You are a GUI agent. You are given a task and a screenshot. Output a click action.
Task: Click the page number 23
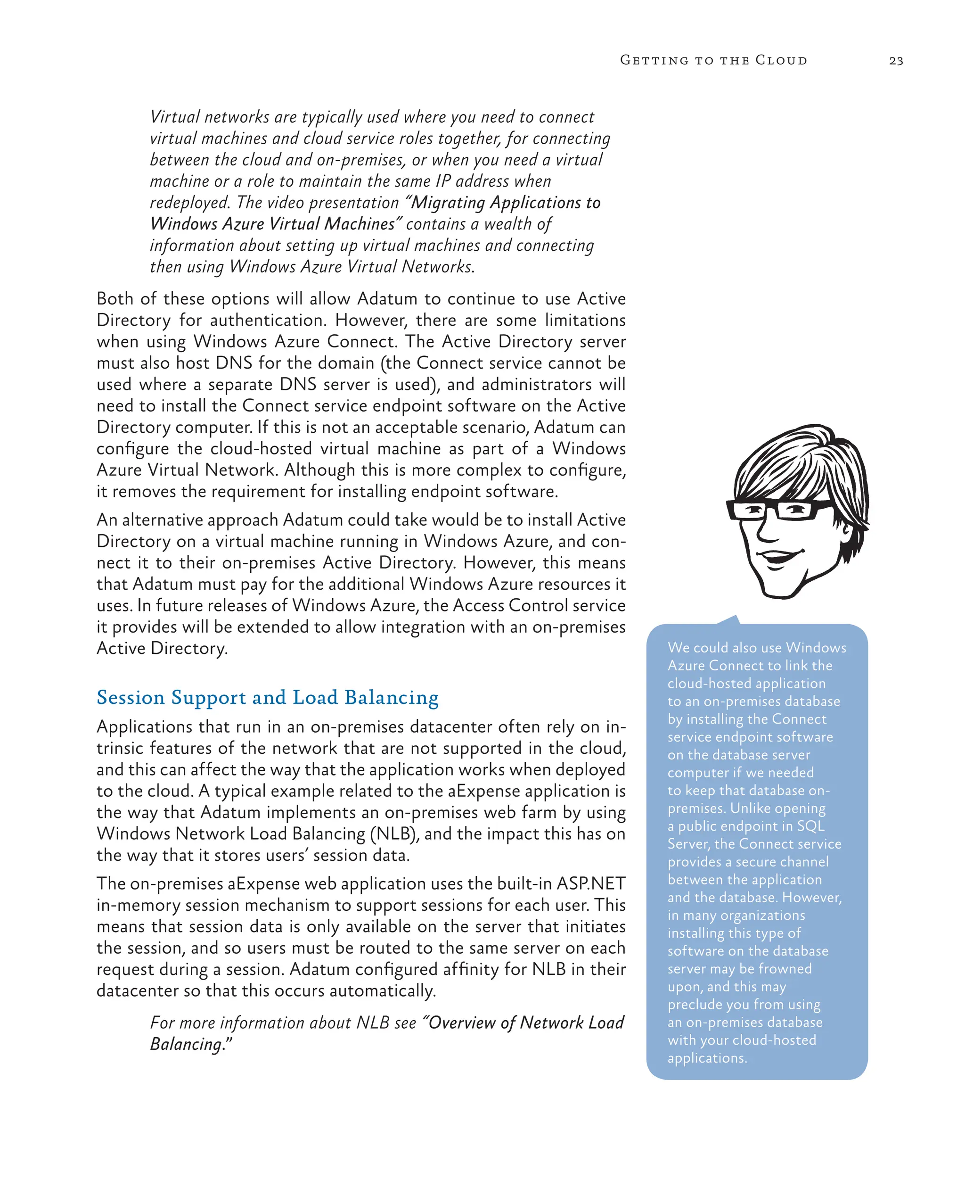click(x=896, y=61)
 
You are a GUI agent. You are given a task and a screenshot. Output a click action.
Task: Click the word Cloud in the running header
click(x=781, y=60)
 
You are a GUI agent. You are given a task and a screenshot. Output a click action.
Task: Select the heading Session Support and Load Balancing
click(x=267, y=697)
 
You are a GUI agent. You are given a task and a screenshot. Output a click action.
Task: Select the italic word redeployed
click(x=189, y=202)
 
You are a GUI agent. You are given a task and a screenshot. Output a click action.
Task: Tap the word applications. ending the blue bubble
click(x=707, y=1058)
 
